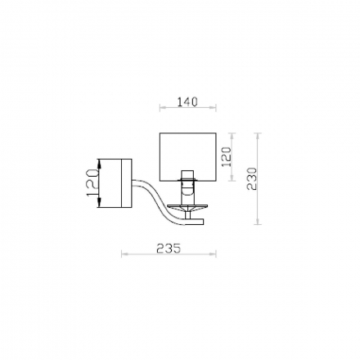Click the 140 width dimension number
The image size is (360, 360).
[x=187, y=102]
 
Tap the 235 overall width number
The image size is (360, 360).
[x=169, y=248]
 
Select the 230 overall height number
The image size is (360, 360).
[x=252, y=178]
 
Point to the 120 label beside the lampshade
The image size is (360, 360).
[x=226, y=157]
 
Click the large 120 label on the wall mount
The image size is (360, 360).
[x=92, y=182]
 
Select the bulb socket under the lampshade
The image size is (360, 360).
[x=187, y=183]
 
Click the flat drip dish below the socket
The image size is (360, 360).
[x=187, y=207]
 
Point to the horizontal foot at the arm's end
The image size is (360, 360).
[x=195, y=222]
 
